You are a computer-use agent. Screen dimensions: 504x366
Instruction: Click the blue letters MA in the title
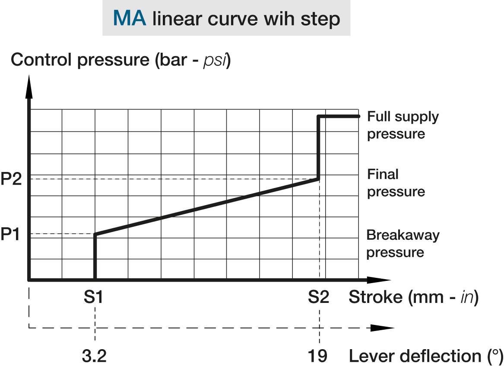[130, 18]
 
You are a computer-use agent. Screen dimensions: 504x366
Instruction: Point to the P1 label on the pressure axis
[10, 235]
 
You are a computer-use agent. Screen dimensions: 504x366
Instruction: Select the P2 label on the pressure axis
[11, 179]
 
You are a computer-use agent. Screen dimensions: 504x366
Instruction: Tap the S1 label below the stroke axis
[93, 297]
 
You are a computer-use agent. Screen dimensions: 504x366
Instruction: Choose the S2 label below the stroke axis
[319, 297]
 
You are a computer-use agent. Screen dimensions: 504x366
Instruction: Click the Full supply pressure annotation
[403, 125]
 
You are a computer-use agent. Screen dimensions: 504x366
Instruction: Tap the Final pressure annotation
[396, 183]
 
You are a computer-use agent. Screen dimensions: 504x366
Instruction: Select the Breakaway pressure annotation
[403, 244]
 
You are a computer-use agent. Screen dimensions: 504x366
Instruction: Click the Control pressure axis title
[121, 60]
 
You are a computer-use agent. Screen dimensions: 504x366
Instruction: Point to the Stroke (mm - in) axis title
[414, 297]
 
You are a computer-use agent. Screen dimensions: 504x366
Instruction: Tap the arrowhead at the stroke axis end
[379, 280]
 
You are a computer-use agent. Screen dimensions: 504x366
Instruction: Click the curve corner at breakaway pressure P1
[95, 235]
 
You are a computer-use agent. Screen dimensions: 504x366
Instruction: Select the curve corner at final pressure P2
[318, 179]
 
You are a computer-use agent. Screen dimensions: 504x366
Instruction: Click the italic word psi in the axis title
[214, 61]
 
